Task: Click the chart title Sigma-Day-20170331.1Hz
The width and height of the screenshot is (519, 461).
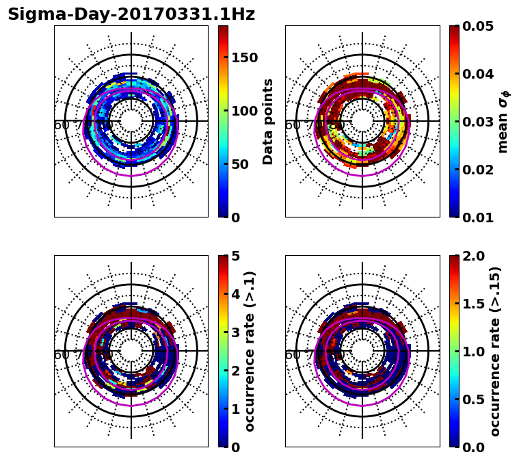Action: [x=131, y=14]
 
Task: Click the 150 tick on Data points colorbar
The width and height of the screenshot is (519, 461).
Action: [x=244, y=57]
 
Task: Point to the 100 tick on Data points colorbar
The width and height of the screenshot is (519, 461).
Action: [x=244, y=111]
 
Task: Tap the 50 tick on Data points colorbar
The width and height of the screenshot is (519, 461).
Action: [x=239, y=164]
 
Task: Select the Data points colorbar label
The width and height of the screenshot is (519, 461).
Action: [x=268, y=122]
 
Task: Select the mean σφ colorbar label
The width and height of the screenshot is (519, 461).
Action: [x=503, y=123]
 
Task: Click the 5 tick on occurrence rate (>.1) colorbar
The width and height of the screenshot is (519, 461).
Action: [x=235, y=256]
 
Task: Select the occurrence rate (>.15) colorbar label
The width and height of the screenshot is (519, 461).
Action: [x=495, y=352]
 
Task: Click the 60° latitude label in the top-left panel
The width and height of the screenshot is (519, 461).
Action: [x=62, y=125]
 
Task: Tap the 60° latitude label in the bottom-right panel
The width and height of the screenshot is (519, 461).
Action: [x=293, y=355]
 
